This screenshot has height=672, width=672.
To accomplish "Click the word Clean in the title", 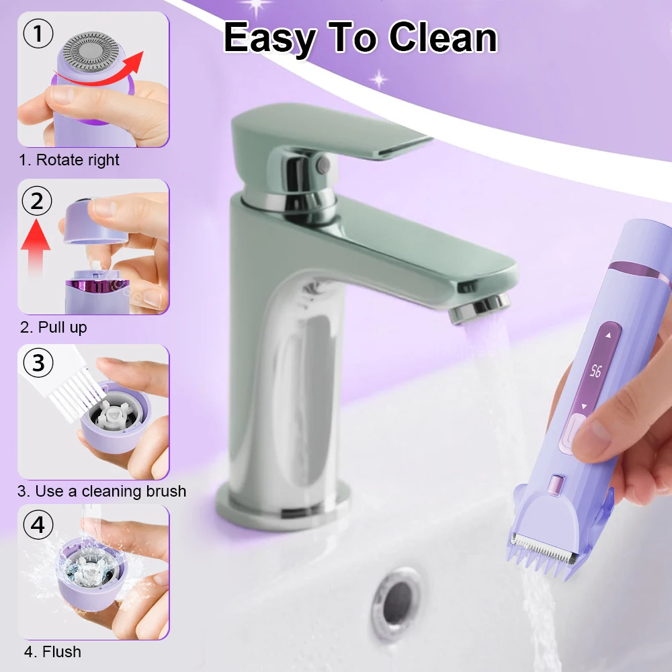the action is pyautogui.click(x=443, y=38).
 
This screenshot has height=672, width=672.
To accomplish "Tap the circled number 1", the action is pyautogui.click(x=38, y=34).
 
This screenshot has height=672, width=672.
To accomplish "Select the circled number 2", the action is pyautogui.click(x=37, y=200).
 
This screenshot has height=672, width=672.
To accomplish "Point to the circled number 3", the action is pyautogui.click(x=38, y=363).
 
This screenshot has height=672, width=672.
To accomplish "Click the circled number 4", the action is pyautogui.click(x=38, y=524).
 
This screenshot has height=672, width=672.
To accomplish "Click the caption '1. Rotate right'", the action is pyautogui.click(x=69, y=160).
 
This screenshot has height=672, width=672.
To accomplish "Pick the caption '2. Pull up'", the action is pyautogui.click(x=54, y=327).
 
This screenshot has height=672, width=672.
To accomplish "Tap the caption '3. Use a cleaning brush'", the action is pyautogui.click(x=102, y=491).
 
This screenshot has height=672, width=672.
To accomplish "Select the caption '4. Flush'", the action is pyautogui.click(x=52, y=651).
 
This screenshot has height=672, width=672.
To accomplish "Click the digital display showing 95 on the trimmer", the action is pyautogui.click(x=596, y=371).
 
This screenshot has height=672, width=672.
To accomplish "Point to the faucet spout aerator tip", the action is pyautogui.click(x=480, y=308).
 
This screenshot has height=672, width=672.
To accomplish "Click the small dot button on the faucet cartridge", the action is pyautogui.click(x=323, y=163).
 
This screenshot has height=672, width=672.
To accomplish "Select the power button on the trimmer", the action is pyautogui.click(x=573, y=432).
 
